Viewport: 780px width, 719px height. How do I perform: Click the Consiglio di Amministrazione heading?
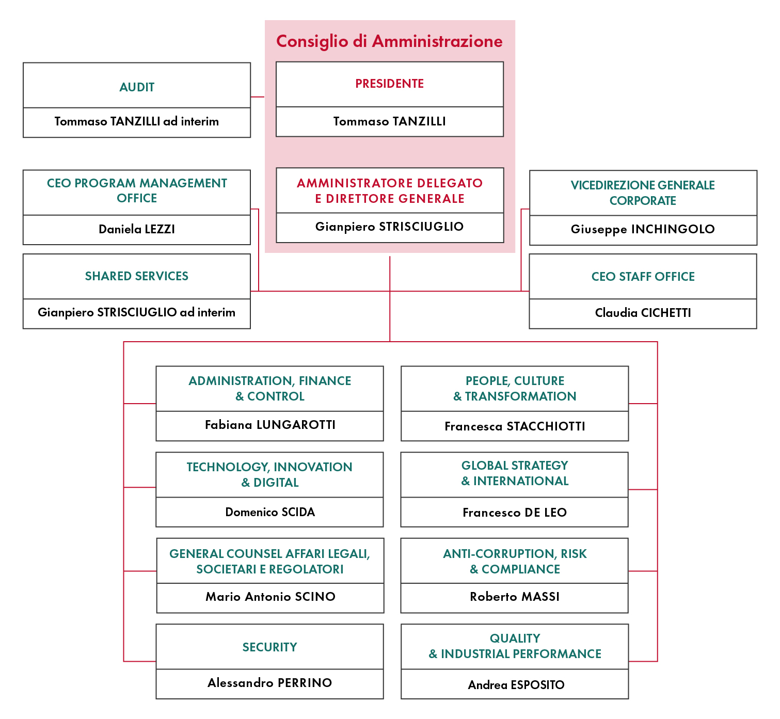click(x=389, y=41)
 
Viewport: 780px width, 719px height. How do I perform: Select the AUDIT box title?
click(x=137, y=87)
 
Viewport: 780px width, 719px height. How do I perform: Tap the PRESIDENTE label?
click(x=389, y=83)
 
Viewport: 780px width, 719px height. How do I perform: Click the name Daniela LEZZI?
click(x=137, y=229)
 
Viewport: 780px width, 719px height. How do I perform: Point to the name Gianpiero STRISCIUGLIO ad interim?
click(x=137, y=312)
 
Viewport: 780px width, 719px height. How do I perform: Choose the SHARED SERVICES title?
click(x=137, y=276)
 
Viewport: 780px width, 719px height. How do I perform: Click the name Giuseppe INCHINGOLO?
click(x=643, y=229)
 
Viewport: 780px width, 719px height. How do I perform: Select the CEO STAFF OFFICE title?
click(x=643, y=276)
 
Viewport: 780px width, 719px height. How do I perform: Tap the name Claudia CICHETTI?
click(x=643, y=312)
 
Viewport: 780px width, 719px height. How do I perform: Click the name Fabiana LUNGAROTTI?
click(x=270, y=424)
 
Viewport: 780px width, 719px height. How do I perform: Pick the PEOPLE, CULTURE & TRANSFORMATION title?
click(x=515, y=388)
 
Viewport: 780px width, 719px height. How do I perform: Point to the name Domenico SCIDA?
click(x=270, y=512)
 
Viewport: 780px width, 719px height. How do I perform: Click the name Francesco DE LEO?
click(x=515, y=512)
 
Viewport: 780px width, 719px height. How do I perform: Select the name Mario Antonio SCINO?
click(x=270, y=597)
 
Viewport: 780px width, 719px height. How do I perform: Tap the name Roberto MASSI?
click(x=515, y=597)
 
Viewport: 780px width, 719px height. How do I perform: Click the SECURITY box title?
click(x=270, y=647)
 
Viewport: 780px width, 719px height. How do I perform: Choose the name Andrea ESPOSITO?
click(x=516, y=684)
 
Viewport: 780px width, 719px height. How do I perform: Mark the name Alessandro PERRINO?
click(x=270, y=682)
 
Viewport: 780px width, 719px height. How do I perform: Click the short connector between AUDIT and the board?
click(x=257, y=97)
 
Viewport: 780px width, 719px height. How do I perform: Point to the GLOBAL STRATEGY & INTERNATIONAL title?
click(x=515, y=473)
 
